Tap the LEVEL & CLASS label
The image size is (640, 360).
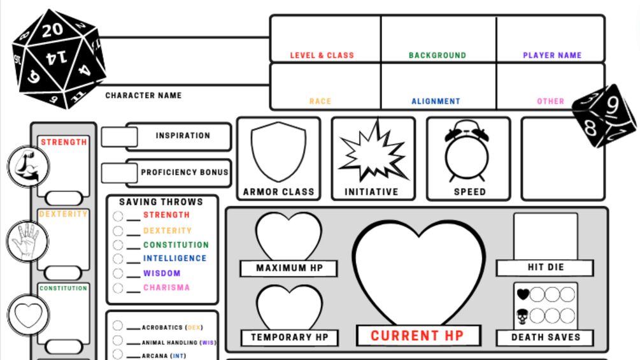pos(322,55)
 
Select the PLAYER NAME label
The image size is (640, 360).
pos(552,55)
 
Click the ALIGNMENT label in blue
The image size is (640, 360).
pos(436,101)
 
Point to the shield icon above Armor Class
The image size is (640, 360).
pos(278,152)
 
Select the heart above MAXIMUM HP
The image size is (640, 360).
pos(288,236)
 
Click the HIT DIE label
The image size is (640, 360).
pos(546,267)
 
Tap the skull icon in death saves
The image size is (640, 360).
pos(523,315)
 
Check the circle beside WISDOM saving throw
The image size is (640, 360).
pos(118,273)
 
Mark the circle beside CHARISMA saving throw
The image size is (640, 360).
pos(118,288)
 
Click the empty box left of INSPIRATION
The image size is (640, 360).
pos(119,136)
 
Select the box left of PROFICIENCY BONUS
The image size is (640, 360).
pos(119,172)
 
